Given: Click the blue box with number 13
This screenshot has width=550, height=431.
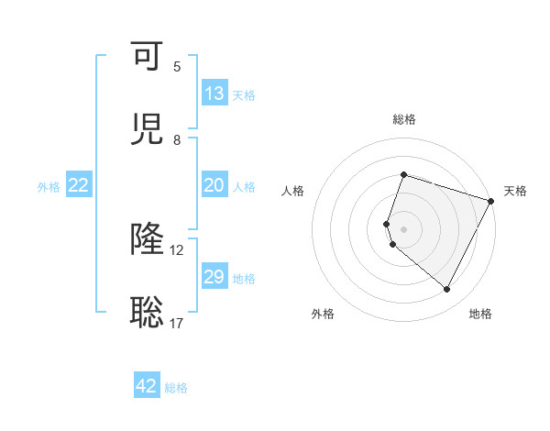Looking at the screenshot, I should click(x=214, y=94).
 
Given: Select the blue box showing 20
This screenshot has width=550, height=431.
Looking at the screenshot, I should click(x=214, y=185).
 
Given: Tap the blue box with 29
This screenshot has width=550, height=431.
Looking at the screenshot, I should click(x=214, y=277).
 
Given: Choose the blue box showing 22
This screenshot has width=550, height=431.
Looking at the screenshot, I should click(x=79, y=185).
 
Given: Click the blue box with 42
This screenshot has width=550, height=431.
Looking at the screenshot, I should click(x=147, y=386).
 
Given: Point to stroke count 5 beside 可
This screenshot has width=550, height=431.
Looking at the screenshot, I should click(x=177, y=66).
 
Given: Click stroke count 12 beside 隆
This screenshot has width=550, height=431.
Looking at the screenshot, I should click(x=177, y=249).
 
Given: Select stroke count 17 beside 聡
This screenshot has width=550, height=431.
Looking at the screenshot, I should click(x=177, y=323).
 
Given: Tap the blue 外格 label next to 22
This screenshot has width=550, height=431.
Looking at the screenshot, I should click(x=49, y=186).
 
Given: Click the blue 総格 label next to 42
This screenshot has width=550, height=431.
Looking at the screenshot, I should click(x=176, y=388).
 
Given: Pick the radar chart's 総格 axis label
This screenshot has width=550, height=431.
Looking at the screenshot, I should click(x=403, y=119).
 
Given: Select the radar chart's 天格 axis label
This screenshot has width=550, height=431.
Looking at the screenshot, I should click(x=515, y=191).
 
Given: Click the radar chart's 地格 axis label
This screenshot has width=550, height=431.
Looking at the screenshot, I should click(x=480, y=315).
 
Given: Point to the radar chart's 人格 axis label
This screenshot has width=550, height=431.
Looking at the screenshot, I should click(x=292, y=191).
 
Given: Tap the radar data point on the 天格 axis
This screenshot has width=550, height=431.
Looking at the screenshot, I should click(x=491, y=201).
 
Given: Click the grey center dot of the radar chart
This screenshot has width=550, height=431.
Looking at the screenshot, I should click(x=403, y=229).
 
